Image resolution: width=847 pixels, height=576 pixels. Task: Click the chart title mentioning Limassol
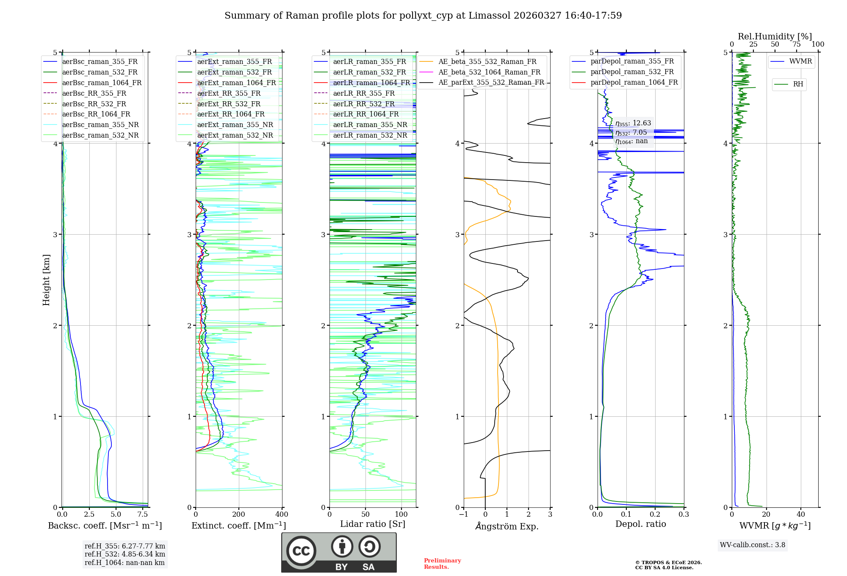pyautogui.click(x=423, y=16)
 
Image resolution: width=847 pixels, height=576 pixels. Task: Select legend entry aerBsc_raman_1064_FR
pyautogui.click(x=102, y=83)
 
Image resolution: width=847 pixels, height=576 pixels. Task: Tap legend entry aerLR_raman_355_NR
pyautogui.click(x=370, y=125)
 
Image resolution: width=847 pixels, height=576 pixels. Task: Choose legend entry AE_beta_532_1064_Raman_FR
pyautogui.click(x=489, y=72)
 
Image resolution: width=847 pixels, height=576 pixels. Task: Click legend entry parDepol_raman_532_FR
pyautogui.click(x=632, y=72)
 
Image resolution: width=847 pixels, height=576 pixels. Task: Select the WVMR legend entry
pyautogui.click(x=800, y=61)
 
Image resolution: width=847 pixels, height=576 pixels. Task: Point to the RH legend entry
pyautogui.click(x=798, y=84)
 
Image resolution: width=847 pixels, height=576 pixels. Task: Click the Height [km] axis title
pyautogui.click(x=46, y=280)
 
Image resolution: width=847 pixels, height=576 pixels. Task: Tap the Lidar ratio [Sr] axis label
pyautogui.click(x=373, y=524)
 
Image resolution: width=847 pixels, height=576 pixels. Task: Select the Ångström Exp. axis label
pyautogui.click(x=507, y=526)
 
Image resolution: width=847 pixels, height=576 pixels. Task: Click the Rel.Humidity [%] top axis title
pyautogui.click(x=775, y=36)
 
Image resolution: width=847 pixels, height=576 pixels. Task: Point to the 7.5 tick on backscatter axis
pyautogui.click(x=143, y=515)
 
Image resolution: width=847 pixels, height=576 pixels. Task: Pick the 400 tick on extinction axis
pyautogui.click(x=282, y=515)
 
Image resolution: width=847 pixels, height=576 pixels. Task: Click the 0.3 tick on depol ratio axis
pyautogui.click(x=684, y=515)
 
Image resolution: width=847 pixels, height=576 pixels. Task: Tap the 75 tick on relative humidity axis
pyautogui.click(x=797, y=44)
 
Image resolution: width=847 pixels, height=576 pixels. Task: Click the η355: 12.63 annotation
pyautogui.click(x=633, y=123)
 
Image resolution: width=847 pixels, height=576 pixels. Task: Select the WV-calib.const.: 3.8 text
pyautogui.click(x=753, y=545)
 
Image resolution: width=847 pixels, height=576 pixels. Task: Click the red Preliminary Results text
pyautogui.click(x=442, y=564)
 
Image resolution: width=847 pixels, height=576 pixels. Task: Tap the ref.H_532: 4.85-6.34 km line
pyautogui.click(x=125, y=554)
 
